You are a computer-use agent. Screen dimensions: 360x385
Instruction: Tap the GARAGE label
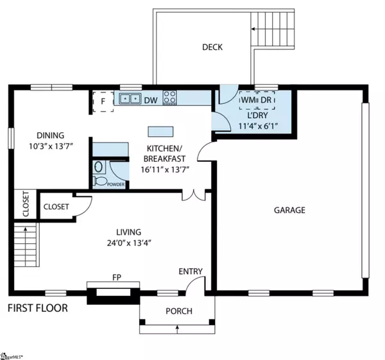coord(289,210)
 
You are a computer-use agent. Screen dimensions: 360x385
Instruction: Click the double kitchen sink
coord(131,99)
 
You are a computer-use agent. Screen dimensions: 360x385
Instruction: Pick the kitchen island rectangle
coord(160,132)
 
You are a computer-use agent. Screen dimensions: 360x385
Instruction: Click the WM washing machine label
coord(246,101)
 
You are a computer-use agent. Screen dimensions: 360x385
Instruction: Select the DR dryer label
coord(266,101)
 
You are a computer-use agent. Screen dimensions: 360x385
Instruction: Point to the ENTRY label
coord(191,271)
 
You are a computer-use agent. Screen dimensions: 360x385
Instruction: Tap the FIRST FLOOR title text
coord(37,308)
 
